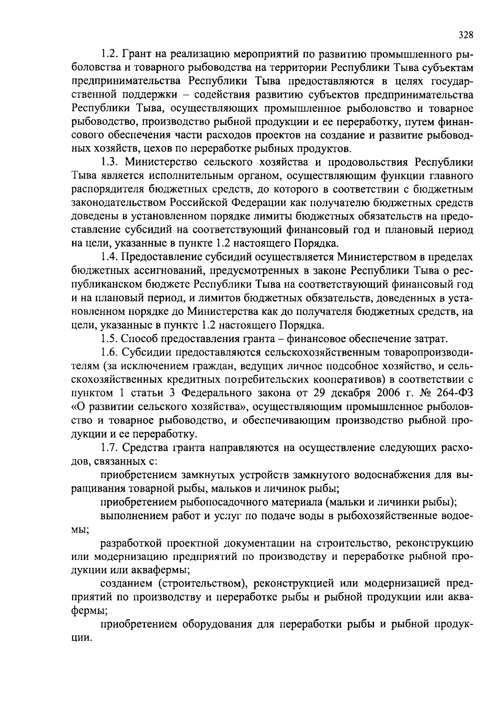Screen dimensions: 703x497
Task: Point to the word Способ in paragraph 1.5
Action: click(139, 338)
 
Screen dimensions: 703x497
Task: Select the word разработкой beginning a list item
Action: click(131, 543)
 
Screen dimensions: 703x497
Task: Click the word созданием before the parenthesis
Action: click(125, 584)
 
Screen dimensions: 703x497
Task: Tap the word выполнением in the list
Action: click(130, 516)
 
